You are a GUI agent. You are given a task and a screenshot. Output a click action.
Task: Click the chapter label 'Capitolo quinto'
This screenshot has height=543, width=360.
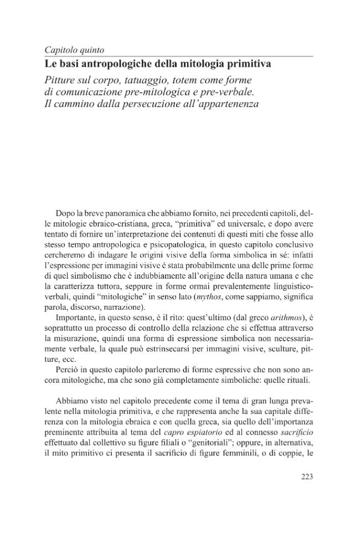(69, 50)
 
